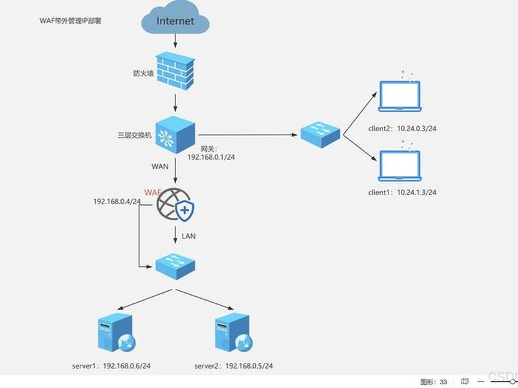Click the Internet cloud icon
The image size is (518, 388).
coord(175,17)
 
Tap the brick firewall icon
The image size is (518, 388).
coord(175,71)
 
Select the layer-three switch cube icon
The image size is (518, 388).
coord(175,135)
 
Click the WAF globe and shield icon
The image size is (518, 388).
coord(175,204)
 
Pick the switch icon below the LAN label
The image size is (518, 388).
coord(175,266)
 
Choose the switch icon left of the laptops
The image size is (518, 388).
coord(320,135)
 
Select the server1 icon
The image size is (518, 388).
coord(117,332)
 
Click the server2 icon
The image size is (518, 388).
coord(234,332)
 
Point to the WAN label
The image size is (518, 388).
coord(160,167)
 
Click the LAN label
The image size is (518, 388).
coord(188,236)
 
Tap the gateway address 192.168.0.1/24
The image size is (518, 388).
coord(211,157)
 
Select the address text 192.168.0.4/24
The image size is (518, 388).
coord(117,201)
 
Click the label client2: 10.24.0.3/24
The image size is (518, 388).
coord(402,129)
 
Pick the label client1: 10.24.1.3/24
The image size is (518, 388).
coord(402,192)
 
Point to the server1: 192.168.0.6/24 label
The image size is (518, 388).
coord(111,366)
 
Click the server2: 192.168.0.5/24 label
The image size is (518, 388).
coord(234,366)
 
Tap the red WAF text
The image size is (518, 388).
coord(153,192)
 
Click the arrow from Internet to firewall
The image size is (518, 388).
coord(175,41)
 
